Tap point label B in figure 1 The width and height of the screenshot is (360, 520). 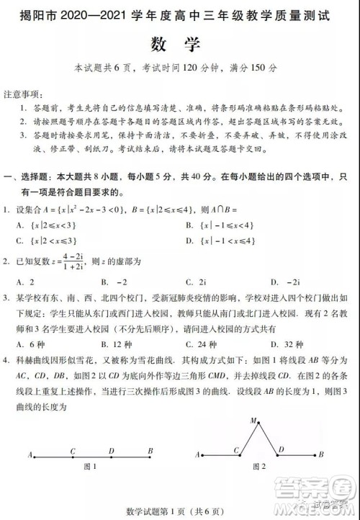[150, 452]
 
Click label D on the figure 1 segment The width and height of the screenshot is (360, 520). [112, 452]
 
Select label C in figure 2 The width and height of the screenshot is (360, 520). [236, 450]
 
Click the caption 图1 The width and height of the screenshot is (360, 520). [91, 467]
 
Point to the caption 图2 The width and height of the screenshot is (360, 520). [258, 467]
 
